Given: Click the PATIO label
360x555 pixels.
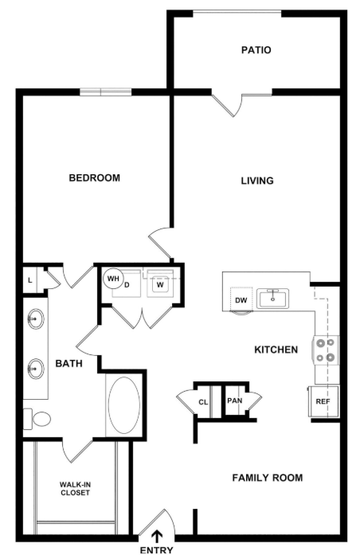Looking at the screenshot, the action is pos(256,50).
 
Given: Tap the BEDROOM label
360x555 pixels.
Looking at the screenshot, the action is pos(95,178).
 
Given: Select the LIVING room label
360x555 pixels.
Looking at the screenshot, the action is pos(257,181).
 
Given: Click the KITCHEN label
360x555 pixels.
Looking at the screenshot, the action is pos(276,350).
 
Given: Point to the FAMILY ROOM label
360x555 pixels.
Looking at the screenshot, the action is pos(268,478).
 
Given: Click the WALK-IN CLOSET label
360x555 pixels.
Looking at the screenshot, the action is pos(75,489).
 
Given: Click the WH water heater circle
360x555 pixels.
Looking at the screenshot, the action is pos(113,279).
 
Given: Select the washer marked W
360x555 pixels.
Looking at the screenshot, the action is pos(160,283).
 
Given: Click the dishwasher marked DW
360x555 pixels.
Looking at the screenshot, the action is pos(241,300).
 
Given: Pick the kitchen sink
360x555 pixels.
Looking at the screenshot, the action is pos(272,299).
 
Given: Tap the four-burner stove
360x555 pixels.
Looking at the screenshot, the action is pos(326,350).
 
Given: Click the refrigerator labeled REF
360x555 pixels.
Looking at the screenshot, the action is pos(323,401).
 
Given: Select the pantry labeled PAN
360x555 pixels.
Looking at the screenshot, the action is pos(235,401).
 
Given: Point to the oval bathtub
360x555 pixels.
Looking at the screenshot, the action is pos(124,405).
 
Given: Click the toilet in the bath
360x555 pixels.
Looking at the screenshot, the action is pos(37,419).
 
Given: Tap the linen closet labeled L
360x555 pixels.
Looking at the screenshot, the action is pos(30,280).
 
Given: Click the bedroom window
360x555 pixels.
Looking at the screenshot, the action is pos(105,92).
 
